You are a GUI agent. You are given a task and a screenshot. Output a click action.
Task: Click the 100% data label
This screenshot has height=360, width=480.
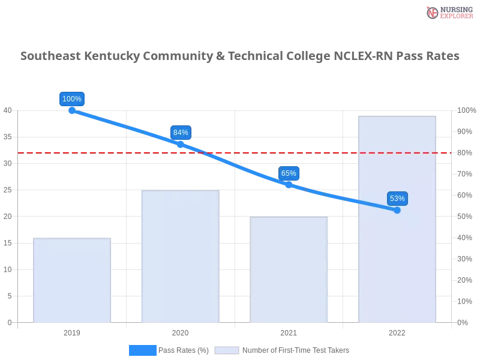[72, 99]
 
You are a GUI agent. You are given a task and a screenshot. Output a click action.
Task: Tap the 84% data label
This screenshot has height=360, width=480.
[181, 133]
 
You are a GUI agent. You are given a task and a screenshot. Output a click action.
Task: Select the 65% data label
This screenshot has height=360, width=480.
[289, 173]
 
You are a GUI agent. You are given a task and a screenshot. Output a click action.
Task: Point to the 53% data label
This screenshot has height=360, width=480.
[397, 199]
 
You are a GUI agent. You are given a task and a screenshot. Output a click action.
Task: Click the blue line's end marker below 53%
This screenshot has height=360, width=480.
[397, 210]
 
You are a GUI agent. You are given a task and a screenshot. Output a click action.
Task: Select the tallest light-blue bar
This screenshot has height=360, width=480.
[396, 240]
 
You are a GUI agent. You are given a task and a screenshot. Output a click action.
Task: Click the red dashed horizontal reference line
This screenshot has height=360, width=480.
[90, 152]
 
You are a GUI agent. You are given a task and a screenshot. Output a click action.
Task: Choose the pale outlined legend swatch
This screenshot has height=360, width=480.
[227, 350]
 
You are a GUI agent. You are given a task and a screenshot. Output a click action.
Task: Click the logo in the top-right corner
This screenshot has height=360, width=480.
[448, 13]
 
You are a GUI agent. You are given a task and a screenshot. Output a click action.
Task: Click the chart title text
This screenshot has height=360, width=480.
[240, 57]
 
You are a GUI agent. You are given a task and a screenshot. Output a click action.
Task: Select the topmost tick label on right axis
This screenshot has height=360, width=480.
[465, 110]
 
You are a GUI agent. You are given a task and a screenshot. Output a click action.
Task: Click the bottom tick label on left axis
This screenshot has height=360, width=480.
[9, 322]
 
